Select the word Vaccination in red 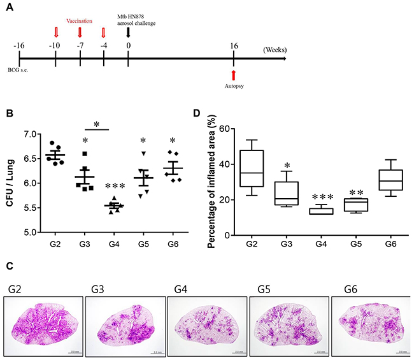(80, 20)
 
